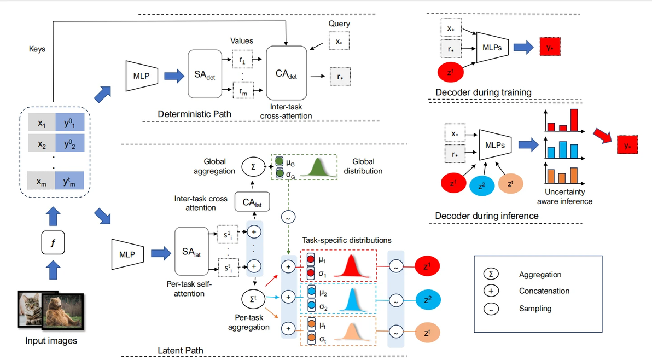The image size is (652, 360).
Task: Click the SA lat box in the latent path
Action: point(196,251)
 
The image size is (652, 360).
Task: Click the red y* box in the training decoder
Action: point(550,48)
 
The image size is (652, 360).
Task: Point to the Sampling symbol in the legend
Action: point(492,309)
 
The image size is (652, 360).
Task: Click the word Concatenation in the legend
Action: point(544,291)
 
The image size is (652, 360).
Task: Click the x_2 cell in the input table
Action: point(42,144)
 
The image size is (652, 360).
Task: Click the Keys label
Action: point(37,49)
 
